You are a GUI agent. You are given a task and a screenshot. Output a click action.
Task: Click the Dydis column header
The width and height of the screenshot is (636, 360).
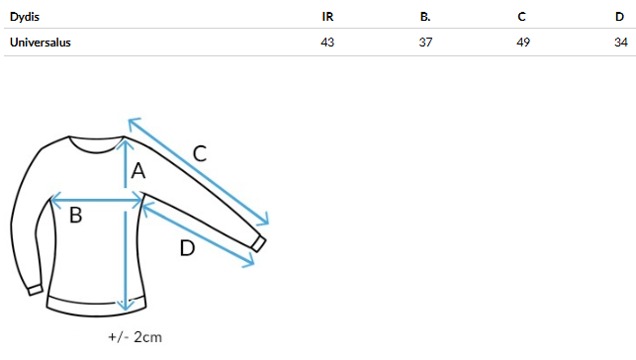pyautogui.click(x=25, y=17)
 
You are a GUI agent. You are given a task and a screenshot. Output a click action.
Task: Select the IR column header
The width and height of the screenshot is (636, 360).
pyautogui.click(x=327, y=17)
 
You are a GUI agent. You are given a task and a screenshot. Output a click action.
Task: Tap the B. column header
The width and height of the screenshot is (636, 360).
pyautogui.click(x=425, y=17)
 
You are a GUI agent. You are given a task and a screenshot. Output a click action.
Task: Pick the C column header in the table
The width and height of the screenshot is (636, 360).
pyautogui.click(x=521, y=17)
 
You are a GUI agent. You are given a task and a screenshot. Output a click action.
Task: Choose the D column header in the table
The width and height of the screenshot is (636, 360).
pyautogui.click(x=619, y=17)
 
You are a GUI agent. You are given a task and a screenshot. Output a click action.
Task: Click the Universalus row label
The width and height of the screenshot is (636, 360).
pyautogui.click(x=41, y=43)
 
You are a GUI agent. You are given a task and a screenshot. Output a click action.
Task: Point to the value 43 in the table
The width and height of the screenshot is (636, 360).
pyautogui.click(x=327, y=43)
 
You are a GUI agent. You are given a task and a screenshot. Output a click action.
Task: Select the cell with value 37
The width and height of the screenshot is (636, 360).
pyautogui.click(x=425, y=43)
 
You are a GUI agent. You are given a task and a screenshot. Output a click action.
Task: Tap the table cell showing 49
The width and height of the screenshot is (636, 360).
pyautogui.click(x=523, y=43)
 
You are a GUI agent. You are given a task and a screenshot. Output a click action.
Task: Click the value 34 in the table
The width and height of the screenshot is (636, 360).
pyautogui.click(x=621, y=43)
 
